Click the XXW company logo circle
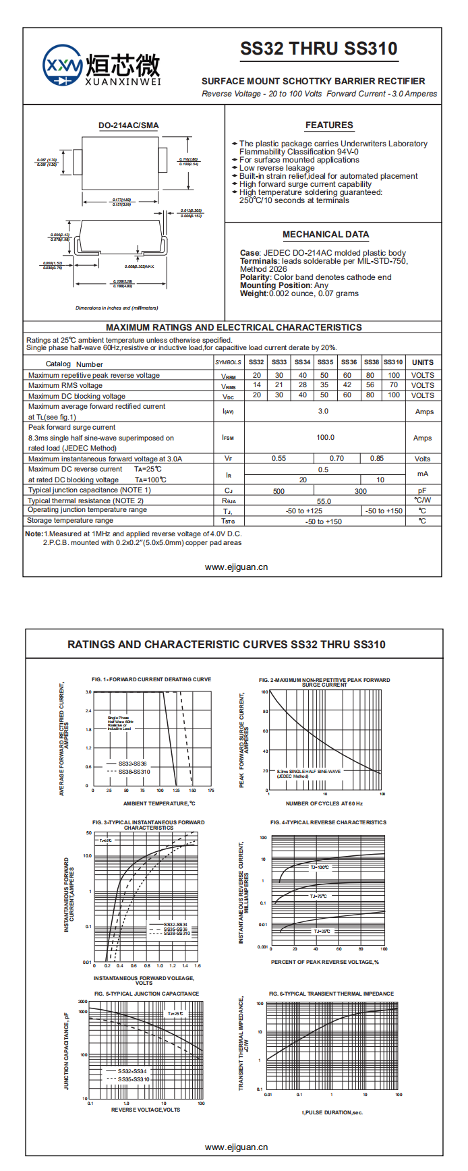coord(63,66)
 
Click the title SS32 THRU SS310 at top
coord(318,49)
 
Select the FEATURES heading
coord(329,125)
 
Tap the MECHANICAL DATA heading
coord(326,234)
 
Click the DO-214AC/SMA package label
coord(129,125)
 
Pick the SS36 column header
coord(349,362)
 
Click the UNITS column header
coord(423,362)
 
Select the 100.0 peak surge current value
coord(326,437)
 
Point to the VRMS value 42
coord(347,385)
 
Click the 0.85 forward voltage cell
coord(377,458)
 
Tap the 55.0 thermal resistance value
coord(324,501)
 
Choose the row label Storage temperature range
coord(70,521)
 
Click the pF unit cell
coord(422,490)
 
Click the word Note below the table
coord(34,534)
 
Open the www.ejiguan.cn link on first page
coord(236,567)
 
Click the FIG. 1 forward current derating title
coord(151,679)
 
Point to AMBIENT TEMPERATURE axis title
coord(159,803)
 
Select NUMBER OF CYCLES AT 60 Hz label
coord(324,803)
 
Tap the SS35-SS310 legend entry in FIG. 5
coord(134,1079)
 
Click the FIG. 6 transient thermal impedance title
coord(331,994)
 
